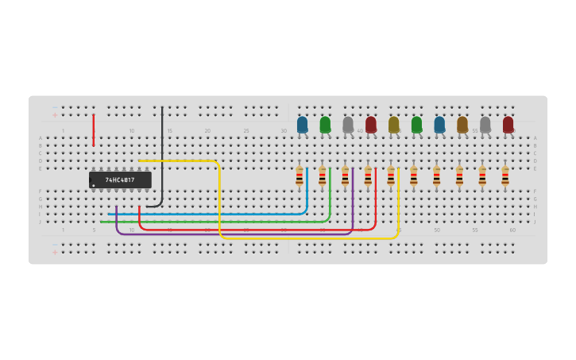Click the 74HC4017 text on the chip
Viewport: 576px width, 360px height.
120,180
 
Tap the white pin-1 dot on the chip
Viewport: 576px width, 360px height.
94,185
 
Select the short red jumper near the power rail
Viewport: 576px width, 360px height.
93,130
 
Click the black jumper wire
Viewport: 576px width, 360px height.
162,159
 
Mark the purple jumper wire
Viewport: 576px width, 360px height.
238,234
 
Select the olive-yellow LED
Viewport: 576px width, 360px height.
393,125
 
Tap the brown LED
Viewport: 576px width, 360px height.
462,125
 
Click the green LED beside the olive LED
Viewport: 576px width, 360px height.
416,125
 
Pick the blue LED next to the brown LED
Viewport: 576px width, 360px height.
439,125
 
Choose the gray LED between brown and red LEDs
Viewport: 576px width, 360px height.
485,125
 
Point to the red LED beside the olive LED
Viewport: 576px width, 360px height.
371,125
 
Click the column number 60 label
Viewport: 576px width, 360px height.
512,230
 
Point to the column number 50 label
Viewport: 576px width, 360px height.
436,230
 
